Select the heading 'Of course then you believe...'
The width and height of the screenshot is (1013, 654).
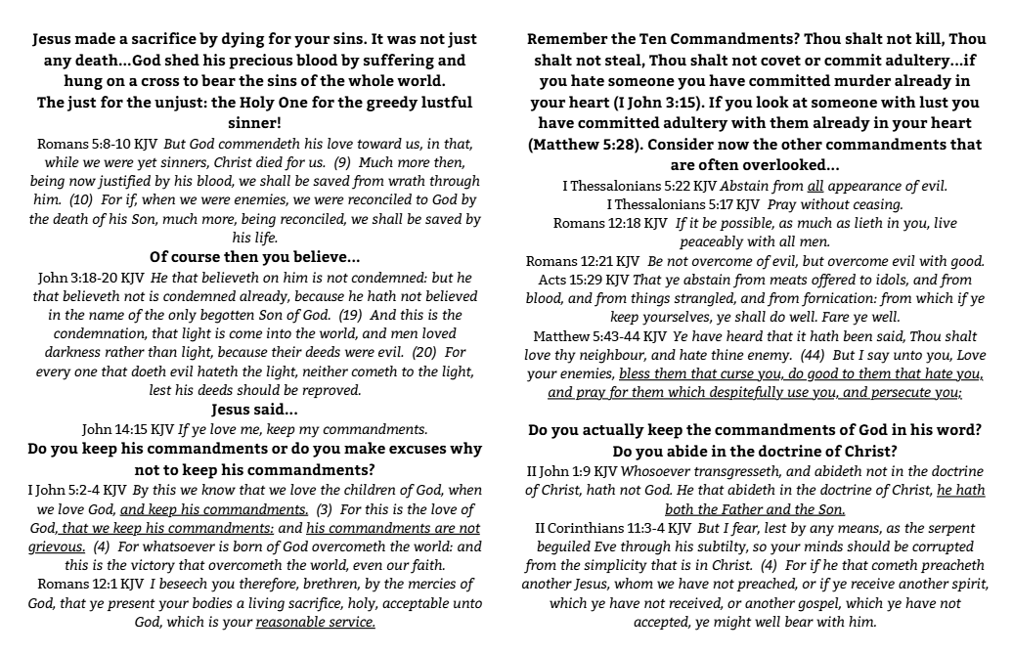254,257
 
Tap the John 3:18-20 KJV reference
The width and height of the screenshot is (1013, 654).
89,279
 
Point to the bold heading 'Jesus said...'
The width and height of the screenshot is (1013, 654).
254,409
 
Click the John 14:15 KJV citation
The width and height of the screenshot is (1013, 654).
127,428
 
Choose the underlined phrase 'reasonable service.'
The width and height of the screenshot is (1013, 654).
315,621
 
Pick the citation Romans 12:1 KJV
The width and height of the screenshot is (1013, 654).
79,583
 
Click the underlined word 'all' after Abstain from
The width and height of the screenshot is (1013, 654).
815,186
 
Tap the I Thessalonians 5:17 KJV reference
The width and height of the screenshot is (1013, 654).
683,204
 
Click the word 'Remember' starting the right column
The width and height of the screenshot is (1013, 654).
569,40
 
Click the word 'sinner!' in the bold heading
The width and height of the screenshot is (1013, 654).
254,124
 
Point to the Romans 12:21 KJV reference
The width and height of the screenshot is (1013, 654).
583,261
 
